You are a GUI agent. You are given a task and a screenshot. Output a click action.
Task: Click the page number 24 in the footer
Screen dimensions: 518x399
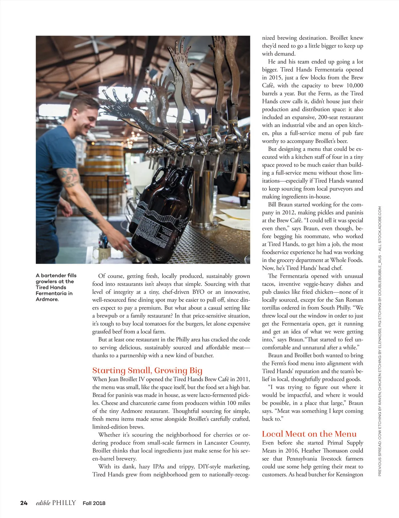click(x=24, y=503)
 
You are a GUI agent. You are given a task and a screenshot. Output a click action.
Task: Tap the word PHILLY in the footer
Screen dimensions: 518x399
click(x=64, y=503)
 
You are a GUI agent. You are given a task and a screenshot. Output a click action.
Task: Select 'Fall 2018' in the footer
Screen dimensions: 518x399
click(x=94, y=503)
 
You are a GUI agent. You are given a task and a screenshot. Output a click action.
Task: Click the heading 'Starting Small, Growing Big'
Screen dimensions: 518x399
click(x=147, y=370)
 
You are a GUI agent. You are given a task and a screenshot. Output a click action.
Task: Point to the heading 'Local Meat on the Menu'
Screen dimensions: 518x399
click(x=309, y=434)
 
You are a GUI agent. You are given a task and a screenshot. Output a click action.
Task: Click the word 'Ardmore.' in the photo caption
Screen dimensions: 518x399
click(x=47, y=299)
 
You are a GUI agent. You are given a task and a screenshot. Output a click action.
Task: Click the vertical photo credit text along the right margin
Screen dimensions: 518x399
click(x=380, y=341)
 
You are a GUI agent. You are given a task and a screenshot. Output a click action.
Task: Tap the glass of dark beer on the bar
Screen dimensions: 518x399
click(x=243, y=198)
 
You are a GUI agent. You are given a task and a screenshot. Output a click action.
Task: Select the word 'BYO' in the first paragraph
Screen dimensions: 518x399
click(x=198, y=292)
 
